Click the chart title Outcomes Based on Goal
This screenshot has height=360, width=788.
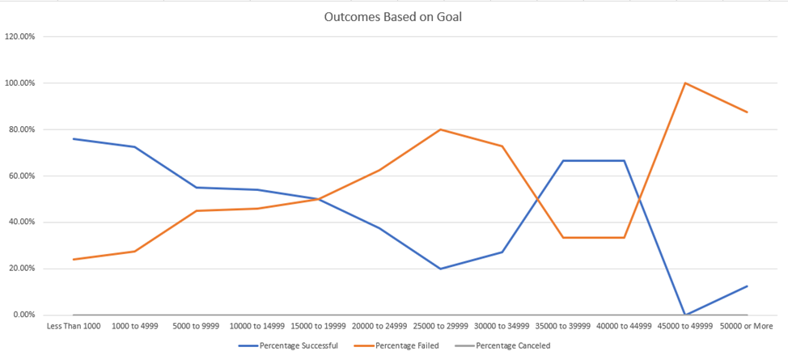point(393,16)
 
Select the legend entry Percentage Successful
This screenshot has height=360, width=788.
point(299,345)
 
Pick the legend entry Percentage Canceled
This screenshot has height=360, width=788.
point(515,345)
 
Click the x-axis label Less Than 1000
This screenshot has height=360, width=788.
point(74,326)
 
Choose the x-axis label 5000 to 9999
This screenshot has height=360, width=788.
point(196,326)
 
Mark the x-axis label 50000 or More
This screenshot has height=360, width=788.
point(747,326)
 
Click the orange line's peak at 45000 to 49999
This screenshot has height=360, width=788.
point(685,83)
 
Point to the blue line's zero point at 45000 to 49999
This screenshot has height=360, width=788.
point(685,315)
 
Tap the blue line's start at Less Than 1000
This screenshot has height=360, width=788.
point(74,139)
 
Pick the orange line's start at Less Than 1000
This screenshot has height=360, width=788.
point(74,260)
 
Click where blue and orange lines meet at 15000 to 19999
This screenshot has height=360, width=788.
point(319,199)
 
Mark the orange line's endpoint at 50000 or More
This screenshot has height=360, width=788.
point(747,112)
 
